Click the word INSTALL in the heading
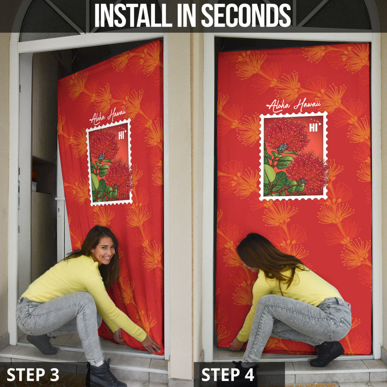pyautogui.click(x=133, y=15)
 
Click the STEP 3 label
pyautogui.click(x=33, y=375)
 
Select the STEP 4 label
pyautogui.click(x=228, y=375)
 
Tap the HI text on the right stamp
pyautogui.click(x=314, y=128)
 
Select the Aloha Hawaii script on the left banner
pyautogui.click(x=108, y=116)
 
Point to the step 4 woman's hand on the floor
pyautogui.click(x=236, y=344)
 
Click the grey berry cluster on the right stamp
pyautogui.click(x=283, y=147)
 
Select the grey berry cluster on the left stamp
pyautogui.click(x=101, y=156)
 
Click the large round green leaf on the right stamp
pyautogui.click(x=269, y=174)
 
